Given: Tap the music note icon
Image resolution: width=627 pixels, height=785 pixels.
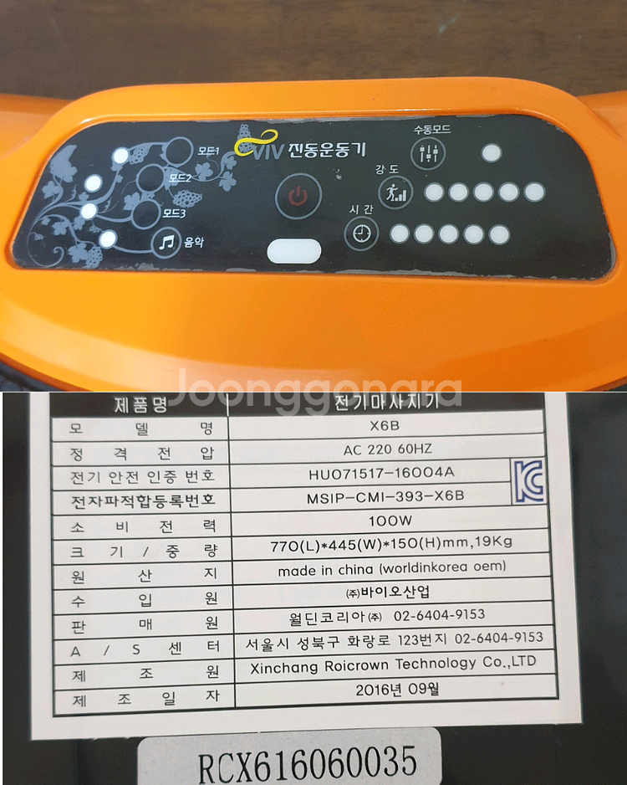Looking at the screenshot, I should (166, 244).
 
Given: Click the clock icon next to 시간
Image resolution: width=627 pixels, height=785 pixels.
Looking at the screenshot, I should (361, 233).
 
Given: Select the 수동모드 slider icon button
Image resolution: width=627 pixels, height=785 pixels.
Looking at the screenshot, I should (429, 153).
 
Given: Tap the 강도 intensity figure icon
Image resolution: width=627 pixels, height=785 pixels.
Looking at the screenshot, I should (395, 193).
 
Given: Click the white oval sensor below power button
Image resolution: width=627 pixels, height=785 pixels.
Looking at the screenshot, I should (293, 251).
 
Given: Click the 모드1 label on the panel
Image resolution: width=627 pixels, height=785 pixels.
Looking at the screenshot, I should (207, 151).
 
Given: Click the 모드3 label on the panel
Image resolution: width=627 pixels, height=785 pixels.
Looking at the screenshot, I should (173, 213).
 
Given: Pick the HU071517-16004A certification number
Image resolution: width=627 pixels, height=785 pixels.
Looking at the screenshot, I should (380, 474).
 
